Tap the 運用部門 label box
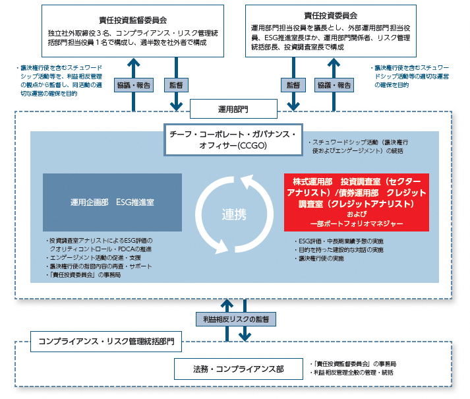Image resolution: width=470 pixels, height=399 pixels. (233, 107)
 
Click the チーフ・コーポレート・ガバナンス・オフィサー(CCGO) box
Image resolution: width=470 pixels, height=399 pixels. (233, 139)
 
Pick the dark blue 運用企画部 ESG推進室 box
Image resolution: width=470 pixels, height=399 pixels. (112, 202)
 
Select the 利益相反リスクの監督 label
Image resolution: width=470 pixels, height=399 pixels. (236, 318)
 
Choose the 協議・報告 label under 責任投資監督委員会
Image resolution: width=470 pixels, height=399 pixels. (134, 85)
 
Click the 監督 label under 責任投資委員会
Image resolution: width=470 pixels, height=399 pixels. (293, 85)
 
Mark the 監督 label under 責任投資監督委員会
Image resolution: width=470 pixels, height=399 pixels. (176, 85)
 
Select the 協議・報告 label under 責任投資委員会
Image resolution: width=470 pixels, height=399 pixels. (335, 85)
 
